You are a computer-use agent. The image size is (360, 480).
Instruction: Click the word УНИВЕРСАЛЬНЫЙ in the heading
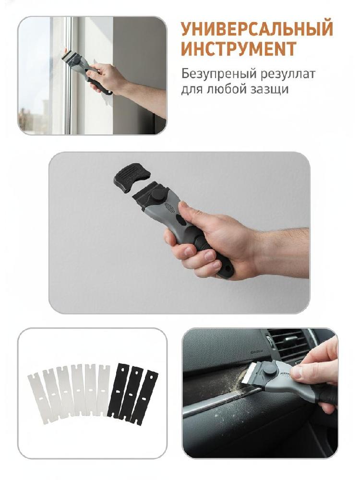pyautogui.click(x=257, y=29)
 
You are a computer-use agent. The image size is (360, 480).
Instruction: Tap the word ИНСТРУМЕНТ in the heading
pyautogui.click(x=239, y=48)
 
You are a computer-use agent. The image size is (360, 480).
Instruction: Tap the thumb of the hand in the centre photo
pyautogui.click(x=188, y=210)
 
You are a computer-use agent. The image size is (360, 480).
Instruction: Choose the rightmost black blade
pyautogui.click(x=144, y=397)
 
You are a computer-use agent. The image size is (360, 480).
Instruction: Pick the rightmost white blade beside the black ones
pyautogui.click(x=103, y=390)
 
